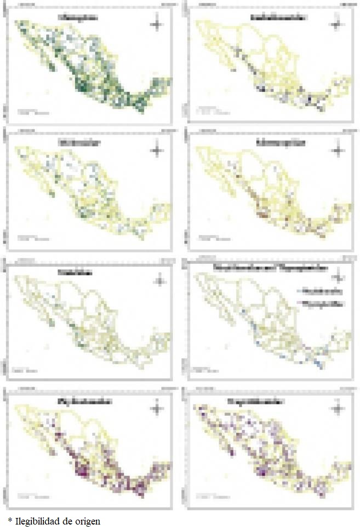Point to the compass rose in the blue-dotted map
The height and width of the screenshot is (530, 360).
(343, 273)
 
